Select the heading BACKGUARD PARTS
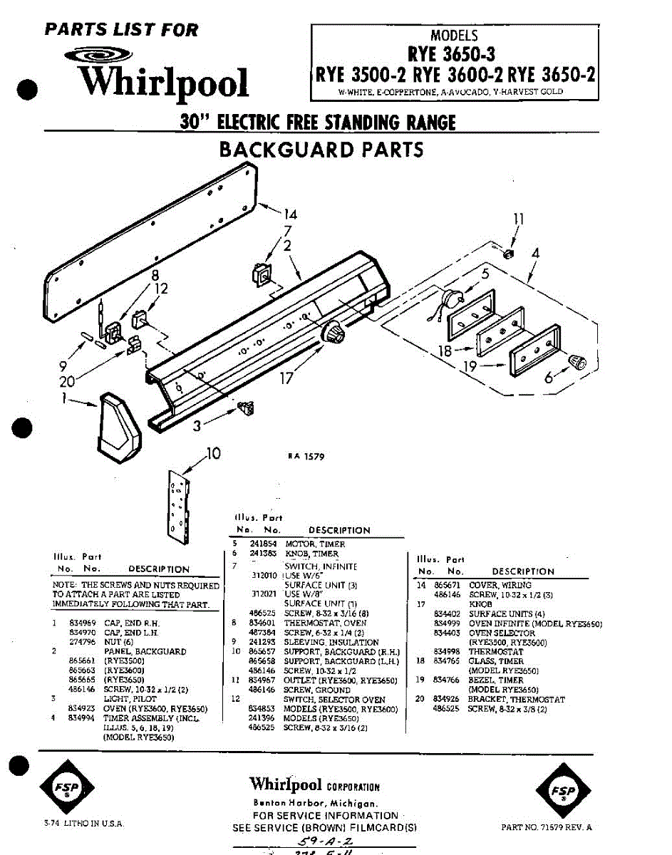[321, 150]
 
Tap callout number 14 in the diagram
[290, 214]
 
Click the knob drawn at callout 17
[333, 333]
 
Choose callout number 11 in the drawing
[518, 219]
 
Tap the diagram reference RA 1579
[306, 457]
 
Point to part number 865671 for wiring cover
[446, 585]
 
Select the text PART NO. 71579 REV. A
[547, 827]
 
